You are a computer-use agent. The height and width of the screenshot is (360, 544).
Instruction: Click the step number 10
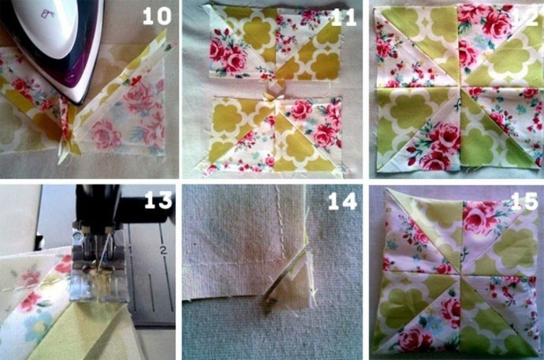click(x=157, y=16)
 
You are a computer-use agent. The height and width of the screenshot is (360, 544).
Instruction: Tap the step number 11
click(x=344, y=17)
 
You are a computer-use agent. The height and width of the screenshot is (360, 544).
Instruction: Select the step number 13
click(x=158, y=200)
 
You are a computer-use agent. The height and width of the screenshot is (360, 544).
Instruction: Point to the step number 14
click(x=342, y=201)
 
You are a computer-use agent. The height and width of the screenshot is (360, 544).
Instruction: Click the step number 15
click(x=524, y=202)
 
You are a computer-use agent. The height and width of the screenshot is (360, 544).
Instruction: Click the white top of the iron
click(x=52, y=26)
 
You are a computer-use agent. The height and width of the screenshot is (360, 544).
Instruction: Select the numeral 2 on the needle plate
click(x=163, y=251)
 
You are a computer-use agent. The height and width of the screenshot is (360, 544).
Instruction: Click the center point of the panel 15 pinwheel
click(x=460, y=274)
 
